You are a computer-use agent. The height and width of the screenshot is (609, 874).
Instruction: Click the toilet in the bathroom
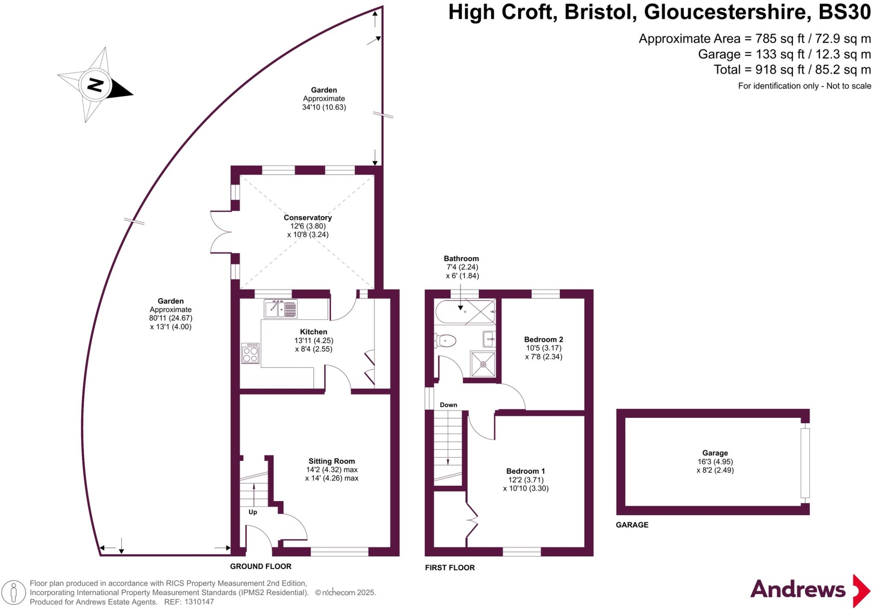tap(445, 341)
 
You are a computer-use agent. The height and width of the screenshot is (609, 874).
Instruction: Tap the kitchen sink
tap(280, 309)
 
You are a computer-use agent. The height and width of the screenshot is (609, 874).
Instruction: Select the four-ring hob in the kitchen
tap(250, 353)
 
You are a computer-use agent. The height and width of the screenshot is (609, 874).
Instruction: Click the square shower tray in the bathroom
tap(483, 364)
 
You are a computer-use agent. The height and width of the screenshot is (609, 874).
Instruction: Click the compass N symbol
tap(95, 85)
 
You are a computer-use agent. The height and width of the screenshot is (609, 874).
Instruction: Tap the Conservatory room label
tap(308, 218)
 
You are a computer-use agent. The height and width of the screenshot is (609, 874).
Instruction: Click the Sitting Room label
tap(332, 461)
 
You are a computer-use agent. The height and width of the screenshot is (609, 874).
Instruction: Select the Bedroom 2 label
tap(543, 340)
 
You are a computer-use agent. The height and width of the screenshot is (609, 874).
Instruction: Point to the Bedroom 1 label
tap(525, 471)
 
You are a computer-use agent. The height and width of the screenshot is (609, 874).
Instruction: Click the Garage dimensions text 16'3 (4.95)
tap(715, 462)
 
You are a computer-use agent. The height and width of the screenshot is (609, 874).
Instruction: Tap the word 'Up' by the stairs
tap(253, 512)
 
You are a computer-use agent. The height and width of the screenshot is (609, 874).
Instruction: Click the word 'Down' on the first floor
tap(449, 405)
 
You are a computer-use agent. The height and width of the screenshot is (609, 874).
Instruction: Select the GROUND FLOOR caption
tap(260, 566)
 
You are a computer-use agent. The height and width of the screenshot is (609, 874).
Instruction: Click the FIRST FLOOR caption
tap(450, 568)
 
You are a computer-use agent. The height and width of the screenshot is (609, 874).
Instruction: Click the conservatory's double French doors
tap(221, 233)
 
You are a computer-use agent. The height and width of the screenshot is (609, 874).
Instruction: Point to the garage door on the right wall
tap(805, 463)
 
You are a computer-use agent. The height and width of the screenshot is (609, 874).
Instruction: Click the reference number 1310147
tap(198, 602)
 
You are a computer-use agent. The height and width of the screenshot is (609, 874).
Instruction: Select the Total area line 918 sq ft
tap(792, 70)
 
